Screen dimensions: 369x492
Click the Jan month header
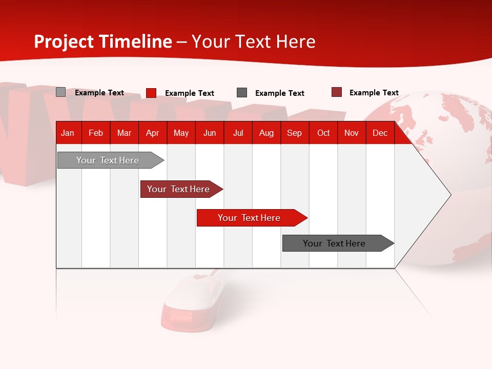click(x=68, y=133)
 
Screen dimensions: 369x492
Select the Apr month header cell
click(x=153, y=133)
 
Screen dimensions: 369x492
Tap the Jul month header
click(x=238, y=133)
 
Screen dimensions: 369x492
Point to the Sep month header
click(x=294, y=133)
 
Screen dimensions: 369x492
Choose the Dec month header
click(x=380, y=133)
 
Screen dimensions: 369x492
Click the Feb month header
click(x=96, y=133)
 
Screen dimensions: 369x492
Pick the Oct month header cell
click(x=323, y=133)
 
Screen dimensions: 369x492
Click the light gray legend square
click(x=60, y=92)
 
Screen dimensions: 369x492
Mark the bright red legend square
click(x=151, y=93)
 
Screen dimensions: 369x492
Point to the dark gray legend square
click(x=242, y=93)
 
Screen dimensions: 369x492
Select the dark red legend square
click(x=337, y=92)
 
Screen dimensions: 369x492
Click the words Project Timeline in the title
click(x=103, y=42)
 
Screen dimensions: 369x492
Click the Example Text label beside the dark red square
click(x=374, y=93)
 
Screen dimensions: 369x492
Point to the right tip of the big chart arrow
click(x=449, y=195)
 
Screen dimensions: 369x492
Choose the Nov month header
click(x=352, y=133)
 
